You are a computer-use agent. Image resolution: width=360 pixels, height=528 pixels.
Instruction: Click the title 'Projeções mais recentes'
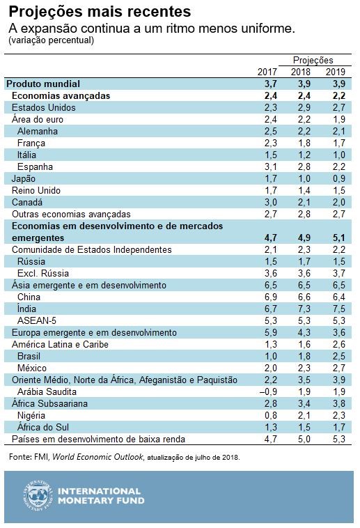click(99, 13)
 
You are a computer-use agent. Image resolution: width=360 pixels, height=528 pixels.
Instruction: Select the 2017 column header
click(267, 72)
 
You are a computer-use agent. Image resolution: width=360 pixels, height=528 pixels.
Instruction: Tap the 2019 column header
click(335, 72)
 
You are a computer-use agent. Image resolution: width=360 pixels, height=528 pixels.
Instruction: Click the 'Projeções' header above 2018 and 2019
click(313, 61)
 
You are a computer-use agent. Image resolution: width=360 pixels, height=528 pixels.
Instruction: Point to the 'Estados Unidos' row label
click(44, 107)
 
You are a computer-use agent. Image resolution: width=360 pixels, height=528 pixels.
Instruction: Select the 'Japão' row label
click(24, 178)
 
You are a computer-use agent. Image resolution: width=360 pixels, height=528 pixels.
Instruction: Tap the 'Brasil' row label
click(32, 356)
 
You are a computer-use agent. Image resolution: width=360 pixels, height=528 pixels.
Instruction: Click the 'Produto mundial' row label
click(44, 84)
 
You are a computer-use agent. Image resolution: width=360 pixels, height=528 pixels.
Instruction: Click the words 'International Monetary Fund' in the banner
click(102, 495)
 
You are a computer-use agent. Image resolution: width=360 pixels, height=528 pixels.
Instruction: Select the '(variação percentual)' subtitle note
click(52, 41)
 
